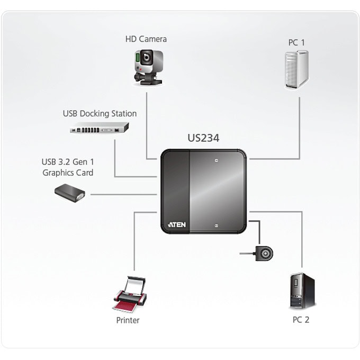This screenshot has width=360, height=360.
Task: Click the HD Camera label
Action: [146, 39]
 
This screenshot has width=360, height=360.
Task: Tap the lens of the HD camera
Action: [146, 57]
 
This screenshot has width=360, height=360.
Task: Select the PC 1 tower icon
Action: [296, 70]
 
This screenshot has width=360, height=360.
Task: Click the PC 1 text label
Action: [296, 42]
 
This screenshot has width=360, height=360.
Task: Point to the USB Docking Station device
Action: [99, 128]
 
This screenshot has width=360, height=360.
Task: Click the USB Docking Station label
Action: [100, 113]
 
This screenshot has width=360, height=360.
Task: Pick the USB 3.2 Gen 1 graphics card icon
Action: [70, 193]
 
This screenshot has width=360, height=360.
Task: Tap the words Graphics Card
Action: [68, 173]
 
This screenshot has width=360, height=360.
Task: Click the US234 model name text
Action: [203, 138]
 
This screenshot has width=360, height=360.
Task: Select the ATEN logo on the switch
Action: [177, 224]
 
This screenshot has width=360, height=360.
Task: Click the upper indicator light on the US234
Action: [217, 160]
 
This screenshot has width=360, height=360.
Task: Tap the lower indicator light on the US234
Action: [217, 226]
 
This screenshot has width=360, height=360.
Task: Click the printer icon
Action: [130, 294]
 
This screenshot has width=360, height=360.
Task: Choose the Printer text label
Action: [128, 320]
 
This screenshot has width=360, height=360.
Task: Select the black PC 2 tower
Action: [302, 291]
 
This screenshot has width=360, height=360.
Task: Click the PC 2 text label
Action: [301, 320]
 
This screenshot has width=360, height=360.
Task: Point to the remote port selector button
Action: [264, 254]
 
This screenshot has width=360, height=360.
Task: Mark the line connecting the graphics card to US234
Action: [124, 194]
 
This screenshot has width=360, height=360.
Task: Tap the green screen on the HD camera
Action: [138, 58]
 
